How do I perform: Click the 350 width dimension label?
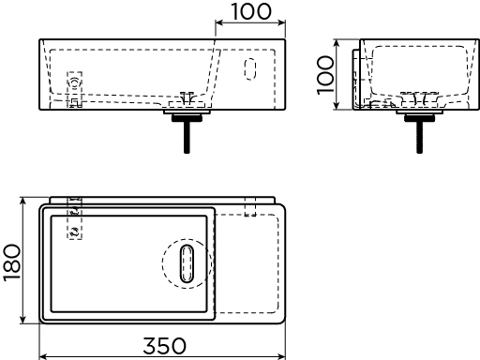[164, 346]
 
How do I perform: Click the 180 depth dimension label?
[12, 262]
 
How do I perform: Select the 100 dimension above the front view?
[251, 12]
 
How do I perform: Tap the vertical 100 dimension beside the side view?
[325, 75]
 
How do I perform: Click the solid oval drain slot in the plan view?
[187, 263]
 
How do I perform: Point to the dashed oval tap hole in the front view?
[250, 68]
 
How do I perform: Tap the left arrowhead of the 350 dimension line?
[43, 356]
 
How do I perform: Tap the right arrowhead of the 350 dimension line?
[282, 356]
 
